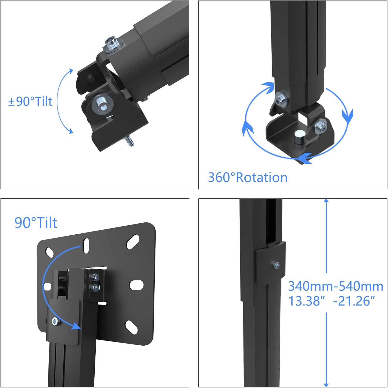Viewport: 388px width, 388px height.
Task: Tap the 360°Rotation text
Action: pos(248,177)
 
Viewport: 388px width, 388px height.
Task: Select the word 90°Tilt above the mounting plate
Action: pos(36,222)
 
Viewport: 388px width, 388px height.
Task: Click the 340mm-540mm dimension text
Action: pos(335,286)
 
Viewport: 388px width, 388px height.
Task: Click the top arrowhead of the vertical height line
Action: pos(326,201)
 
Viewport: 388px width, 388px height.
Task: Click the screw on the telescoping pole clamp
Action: pos(276,265)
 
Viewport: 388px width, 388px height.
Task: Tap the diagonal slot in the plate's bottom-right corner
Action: pos(132,326)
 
